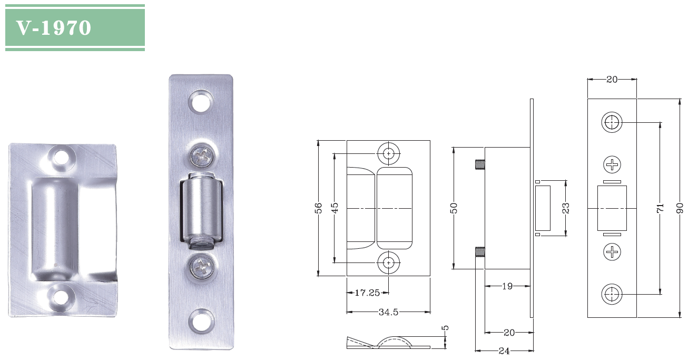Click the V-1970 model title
(54, 28)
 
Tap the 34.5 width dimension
(388, 312)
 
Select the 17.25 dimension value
(367, 293)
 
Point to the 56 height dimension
(318, 208)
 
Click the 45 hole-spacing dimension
(335, 208)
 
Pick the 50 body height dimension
(454, 208)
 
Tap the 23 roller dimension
(566, 208)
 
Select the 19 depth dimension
(507, 286)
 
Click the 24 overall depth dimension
(504, 351)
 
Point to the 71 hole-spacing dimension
(660, 208)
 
